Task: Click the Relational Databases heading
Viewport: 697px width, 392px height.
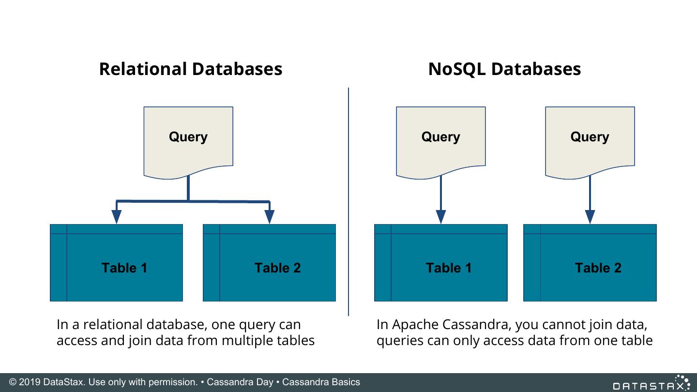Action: tap(190, 69)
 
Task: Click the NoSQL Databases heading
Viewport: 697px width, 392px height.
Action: tap(504, 69)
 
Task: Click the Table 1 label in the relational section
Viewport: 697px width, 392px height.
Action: tap(124, 268)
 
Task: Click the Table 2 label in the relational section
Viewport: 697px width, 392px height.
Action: tap(277, 268)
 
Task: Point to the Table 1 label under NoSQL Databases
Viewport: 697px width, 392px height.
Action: tap(449, 268)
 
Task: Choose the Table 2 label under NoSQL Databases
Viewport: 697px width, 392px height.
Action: tap(598, 268)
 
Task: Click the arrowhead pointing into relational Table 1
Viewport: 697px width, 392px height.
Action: tap(117, 216)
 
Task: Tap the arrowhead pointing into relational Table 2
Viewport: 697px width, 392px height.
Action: tap(270, 216)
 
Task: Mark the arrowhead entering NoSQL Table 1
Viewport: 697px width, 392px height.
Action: tap(440, 216)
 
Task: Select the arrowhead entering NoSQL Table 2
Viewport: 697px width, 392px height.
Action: tap(590, 216)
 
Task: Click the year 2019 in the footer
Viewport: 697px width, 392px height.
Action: tap(29, 382)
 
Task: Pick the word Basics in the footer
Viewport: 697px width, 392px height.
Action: tap(345, 382)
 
